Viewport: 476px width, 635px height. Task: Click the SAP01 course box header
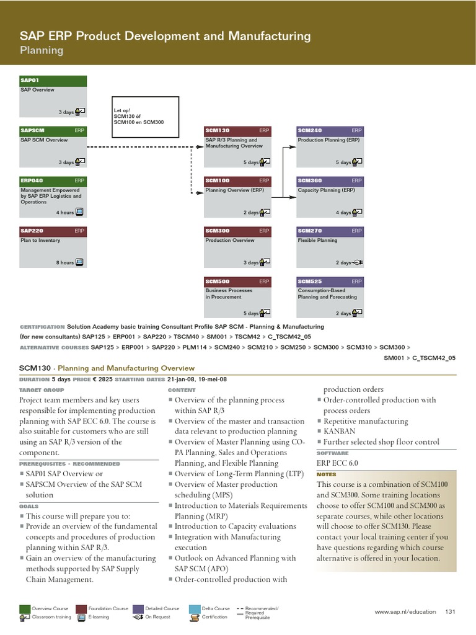[53, 81]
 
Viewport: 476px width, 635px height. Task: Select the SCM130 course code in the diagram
[218, 131]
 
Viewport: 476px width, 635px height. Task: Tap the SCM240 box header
[330, 131]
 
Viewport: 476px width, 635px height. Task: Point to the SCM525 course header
[330, 282]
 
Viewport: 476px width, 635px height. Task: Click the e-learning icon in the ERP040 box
[79, 212]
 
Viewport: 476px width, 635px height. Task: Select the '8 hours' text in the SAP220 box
[64, 263]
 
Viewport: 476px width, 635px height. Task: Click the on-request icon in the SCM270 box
[358, 263]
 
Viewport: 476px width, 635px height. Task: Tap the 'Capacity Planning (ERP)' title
[327, 190]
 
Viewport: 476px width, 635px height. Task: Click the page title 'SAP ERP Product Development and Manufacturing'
[165, 37]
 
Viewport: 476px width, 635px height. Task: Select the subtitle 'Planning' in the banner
[42, 50]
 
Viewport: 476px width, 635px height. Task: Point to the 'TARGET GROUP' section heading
[42, 390]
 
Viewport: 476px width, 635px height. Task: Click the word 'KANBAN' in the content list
[340, 432]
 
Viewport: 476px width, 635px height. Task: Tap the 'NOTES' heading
[326, 474]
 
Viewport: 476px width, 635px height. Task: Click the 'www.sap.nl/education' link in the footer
[405, 612]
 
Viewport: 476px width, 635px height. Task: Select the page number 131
[451, 612]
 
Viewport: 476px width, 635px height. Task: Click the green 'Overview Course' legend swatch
[25, 608]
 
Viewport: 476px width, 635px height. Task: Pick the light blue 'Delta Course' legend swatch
[194, 608]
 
